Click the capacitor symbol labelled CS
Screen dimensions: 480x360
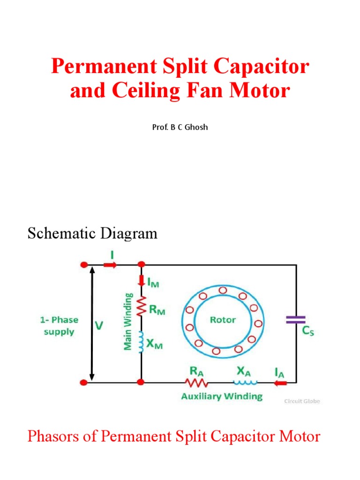tap(296, 320)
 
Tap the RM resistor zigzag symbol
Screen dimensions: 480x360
tap(141, 307)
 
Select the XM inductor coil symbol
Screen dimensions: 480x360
tap(141, 342)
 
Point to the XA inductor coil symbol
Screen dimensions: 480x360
tap(243, 382)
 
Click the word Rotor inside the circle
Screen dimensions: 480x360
tap(223, 320)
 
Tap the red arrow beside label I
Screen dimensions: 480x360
tap(110, 265)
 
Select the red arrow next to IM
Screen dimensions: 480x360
tap(141, 281)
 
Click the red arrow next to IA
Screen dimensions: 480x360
tap(281, 383)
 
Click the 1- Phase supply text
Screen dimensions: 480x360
tap(59, 326)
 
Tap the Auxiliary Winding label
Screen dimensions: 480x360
tap(222, 397)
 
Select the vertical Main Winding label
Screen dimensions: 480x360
tap(127, 321)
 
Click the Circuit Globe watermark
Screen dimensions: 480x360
tap(302, 401)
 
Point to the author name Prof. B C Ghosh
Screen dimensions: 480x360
tap(180, 127)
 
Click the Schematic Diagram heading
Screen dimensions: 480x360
tap(92, 233)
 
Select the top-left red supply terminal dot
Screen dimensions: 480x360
tap(84, 265)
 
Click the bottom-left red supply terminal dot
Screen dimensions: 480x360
tap(84, 382)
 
